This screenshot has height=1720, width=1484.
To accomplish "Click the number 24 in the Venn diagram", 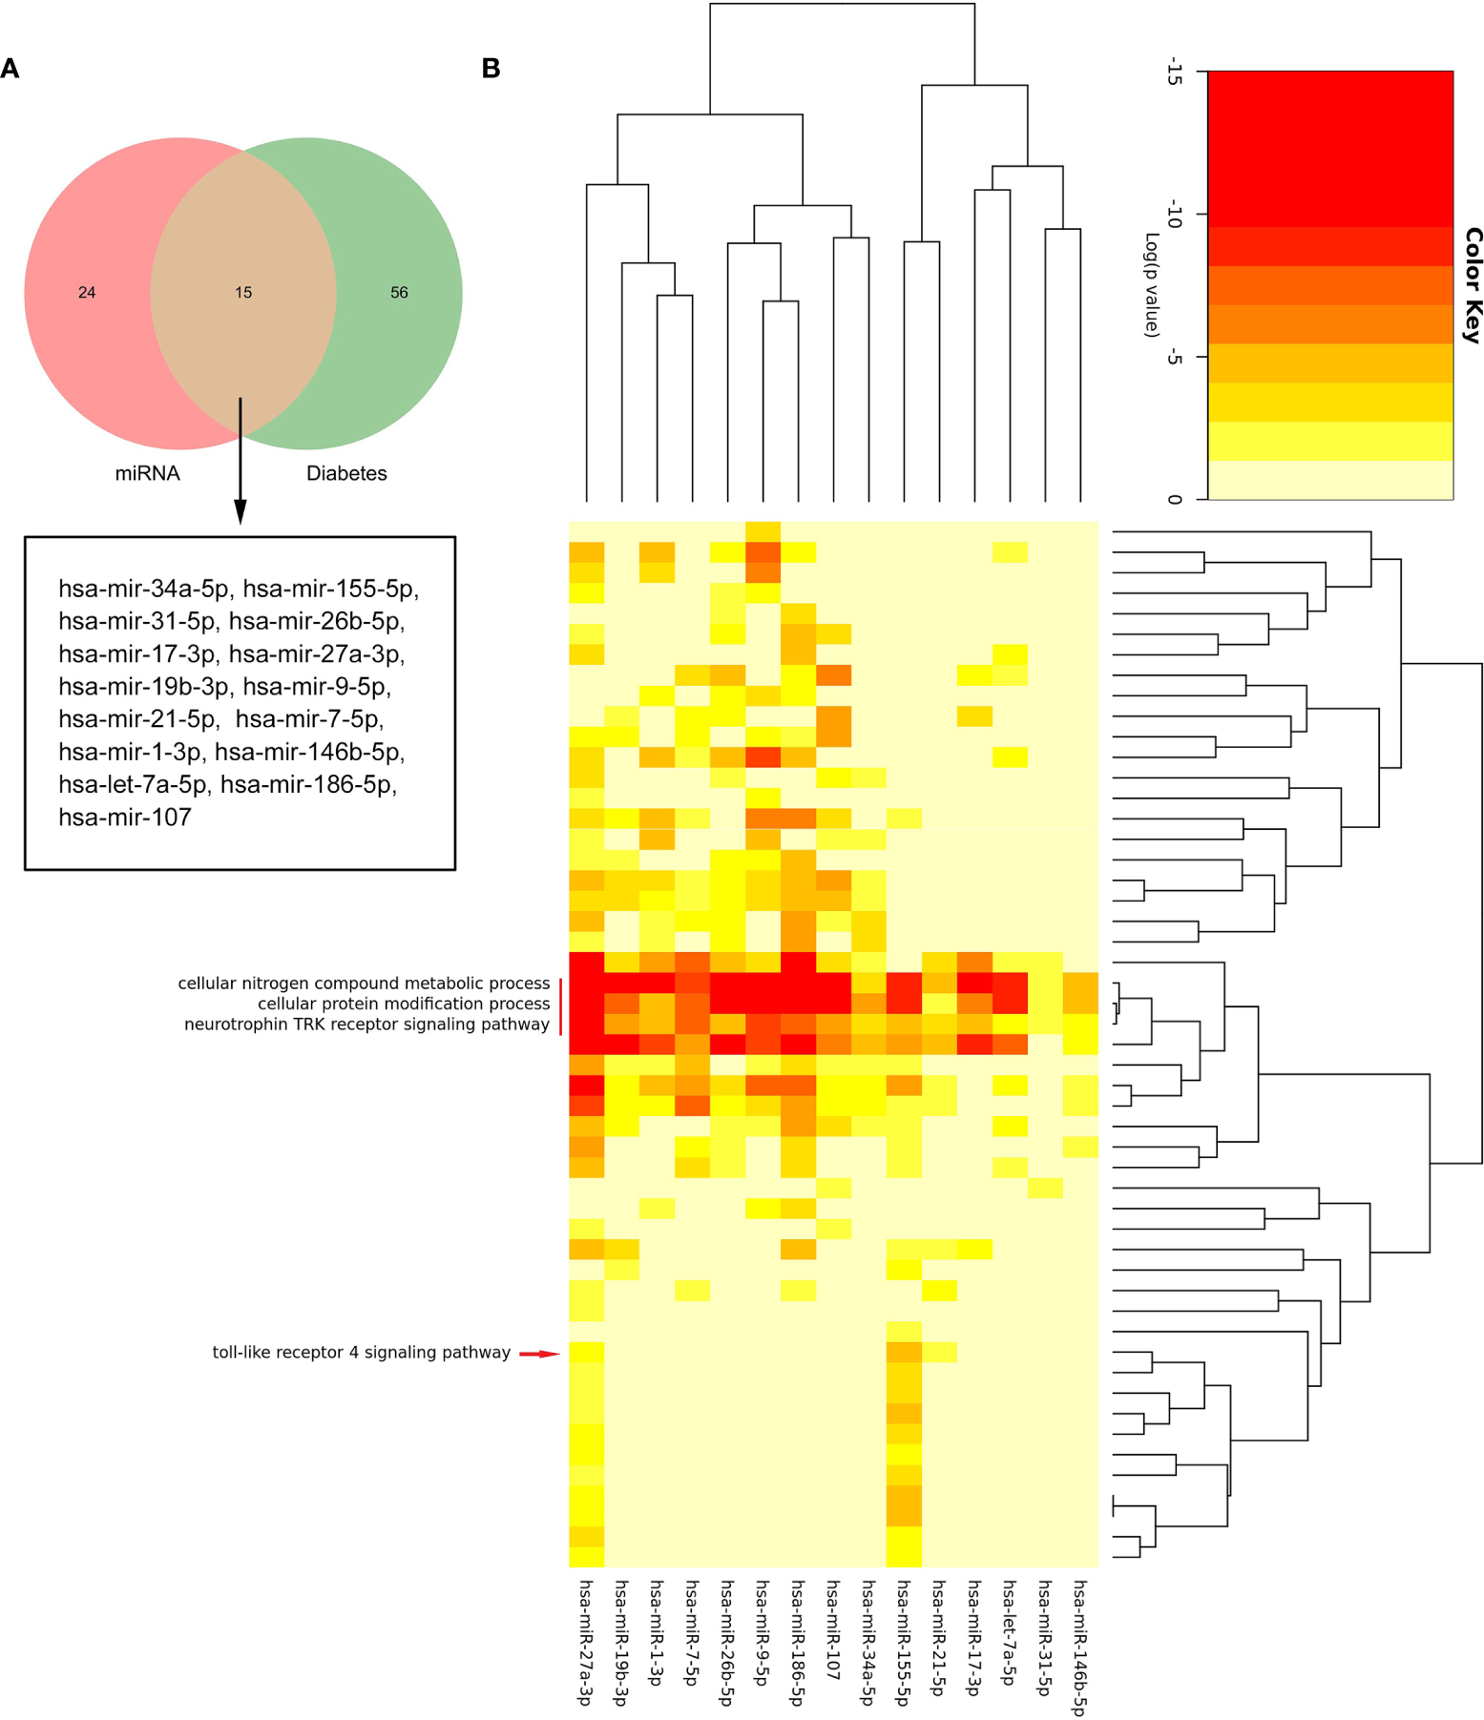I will [87, 293].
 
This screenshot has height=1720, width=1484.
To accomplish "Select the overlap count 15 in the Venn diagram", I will [243, 293].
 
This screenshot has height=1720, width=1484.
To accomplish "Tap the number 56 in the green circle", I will [399, 293].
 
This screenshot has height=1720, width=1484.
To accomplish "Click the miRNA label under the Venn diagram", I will [147, 473].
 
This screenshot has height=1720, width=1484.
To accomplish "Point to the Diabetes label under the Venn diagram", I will [346, 473].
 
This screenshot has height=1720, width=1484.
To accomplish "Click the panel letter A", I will [10, 69].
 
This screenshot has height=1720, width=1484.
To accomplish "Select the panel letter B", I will [491, 69].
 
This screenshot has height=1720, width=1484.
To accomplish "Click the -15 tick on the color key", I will [1174, 73].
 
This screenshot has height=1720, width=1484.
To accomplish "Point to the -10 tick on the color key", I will [1174, 217].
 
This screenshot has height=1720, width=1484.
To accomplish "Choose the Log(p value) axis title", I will [1152, 284].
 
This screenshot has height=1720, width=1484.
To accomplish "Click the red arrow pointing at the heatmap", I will [539, 1354].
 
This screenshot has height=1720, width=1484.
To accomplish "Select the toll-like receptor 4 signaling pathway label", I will [361, 1353].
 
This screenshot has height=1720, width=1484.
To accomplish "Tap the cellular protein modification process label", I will [403, 1004].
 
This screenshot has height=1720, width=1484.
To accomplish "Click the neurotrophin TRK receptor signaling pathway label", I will [366, 1025].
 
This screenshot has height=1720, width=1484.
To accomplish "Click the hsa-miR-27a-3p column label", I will [585, 1641].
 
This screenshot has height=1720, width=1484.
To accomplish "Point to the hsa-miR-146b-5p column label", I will [1079, 1647].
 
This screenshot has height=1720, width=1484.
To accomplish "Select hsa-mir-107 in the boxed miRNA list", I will [125, 818].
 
